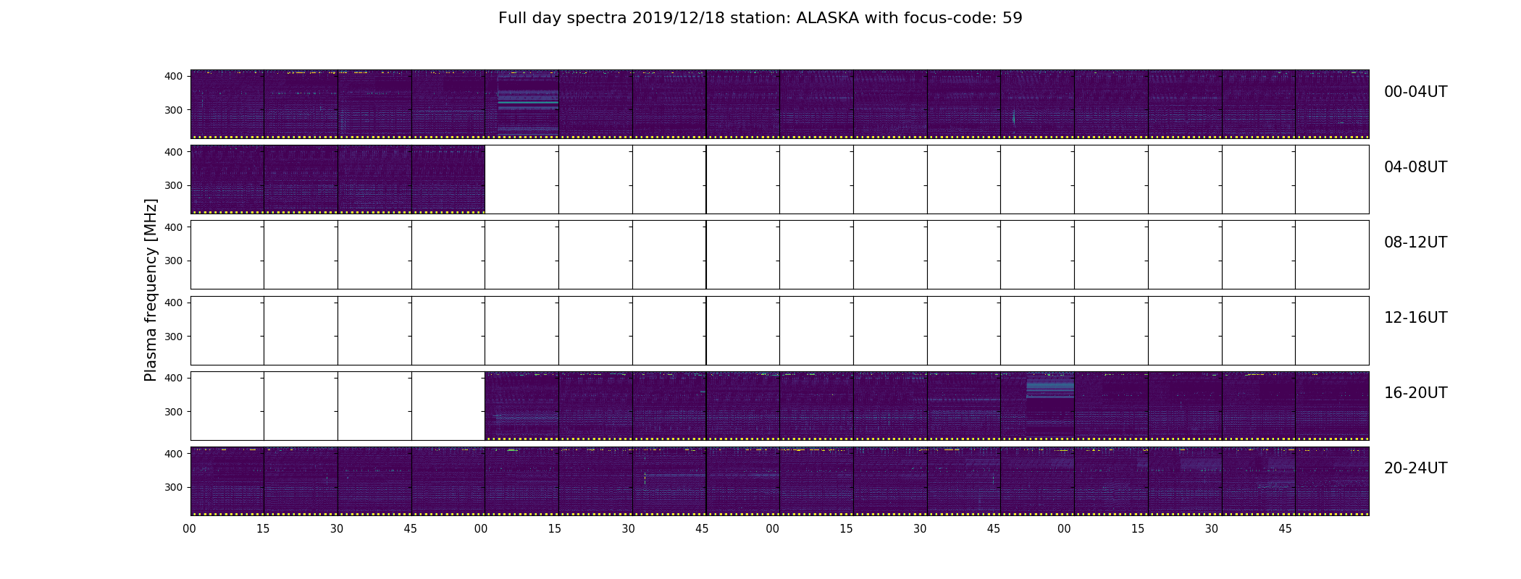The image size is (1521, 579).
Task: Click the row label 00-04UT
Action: tap(1415, 92)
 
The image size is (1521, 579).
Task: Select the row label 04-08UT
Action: tap(1415, 167)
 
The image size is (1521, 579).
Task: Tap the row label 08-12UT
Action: tap(1415, 242)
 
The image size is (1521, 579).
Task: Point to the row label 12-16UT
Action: tap(1415, 318)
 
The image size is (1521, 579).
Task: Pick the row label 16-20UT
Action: tap(1415, 393)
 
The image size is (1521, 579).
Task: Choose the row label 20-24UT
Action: tap(1415, 468)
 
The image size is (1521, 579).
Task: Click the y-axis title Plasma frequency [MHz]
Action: tap(151, 290)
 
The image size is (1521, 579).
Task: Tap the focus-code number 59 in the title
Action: tap(1013, 18)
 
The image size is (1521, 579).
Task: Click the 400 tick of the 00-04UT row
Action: tap(174, 76)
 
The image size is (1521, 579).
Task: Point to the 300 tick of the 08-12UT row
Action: tap(174, 261)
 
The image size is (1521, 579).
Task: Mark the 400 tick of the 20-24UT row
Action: tap(174, 454)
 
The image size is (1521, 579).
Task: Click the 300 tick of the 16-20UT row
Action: tap(174, 412)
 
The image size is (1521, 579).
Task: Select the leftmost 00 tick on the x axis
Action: tap(190, 529)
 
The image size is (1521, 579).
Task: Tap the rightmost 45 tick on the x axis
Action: tap(1285, 529)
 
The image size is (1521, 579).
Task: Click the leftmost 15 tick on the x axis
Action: tap(263, 529)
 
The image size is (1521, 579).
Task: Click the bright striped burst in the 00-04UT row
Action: tap(528, 101)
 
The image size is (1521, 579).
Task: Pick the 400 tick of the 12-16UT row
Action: tap(174, 303)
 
